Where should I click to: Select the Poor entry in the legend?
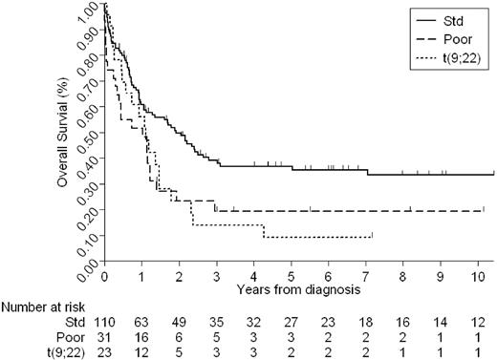coord(456,40)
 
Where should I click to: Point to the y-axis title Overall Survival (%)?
coord(63,134)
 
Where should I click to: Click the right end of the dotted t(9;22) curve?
coord(372,236)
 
